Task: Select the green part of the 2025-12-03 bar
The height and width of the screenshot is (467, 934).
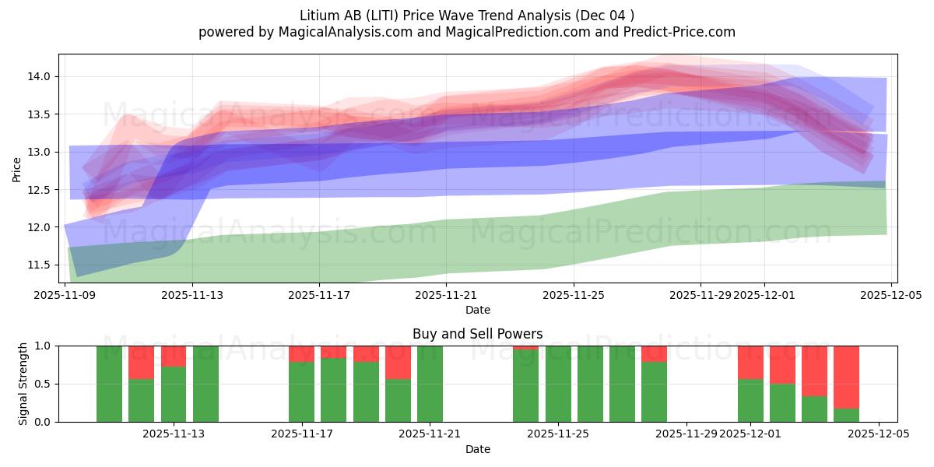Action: point(814,409)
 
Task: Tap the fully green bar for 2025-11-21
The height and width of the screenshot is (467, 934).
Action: point(430,384)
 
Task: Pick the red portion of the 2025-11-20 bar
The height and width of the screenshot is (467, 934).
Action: point(398,362)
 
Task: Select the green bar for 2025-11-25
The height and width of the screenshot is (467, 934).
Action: point(558,384)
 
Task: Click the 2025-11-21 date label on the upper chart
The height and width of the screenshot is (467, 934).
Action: point(446,295)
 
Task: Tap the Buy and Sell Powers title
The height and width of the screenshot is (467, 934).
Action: point(477,334)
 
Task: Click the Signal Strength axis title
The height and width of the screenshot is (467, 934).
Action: point(23,384)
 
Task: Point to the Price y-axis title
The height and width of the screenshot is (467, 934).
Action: point(17,168)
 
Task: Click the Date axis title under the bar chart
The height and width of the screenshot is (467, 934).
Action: point(477,449)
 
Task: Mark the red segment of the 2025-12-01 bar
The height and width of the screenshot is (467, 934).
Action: point(750,362)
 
